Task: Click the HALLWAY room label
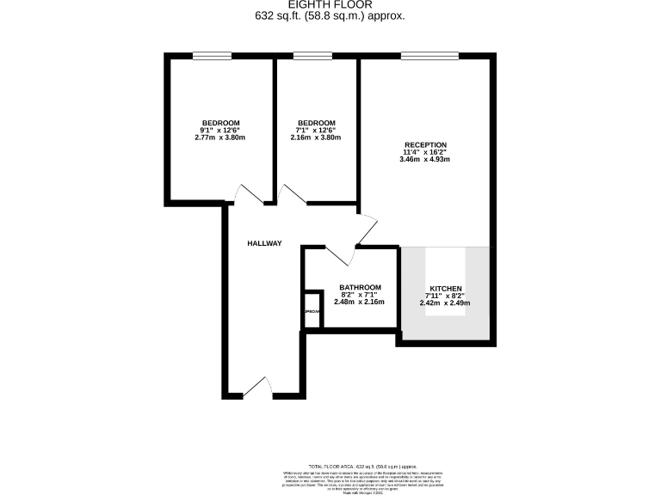click(264, 243)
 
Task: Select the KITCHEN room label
click(446, 288)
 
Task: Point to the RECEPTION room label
click(425, 144)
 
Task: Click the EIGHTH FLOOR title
click(330, 4)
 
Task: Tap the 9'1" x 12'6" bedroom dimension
click(220, 130)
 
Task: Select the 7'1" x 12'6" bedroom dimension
click(316, 130)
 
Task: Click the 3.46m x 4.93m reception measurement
click(425, 159)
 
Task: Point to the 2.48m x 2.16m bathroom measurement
click(359, 302)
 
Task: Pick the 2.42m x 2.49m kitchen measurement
click(445, 302)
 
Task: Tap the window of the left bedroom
click(212, 57)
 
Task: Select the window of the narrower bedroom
click(312, 57)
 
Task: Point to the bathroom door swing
click(341, 255)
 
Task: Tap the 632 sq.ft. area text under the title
click(330, 16)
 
